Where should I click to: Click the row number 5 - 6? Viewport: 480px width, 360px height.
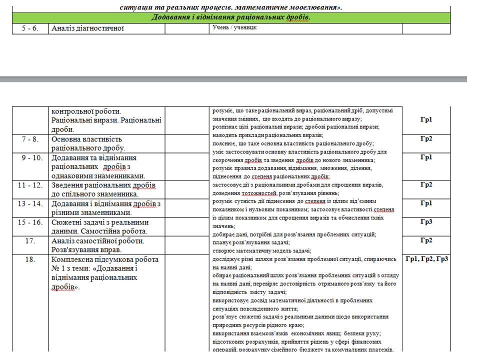(x=30, y=28)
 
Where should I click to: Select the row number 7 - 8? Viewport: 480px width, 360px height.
(x=30, y=139)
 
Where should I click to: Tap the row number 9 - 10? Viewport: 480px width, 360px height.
(x=30, y=157)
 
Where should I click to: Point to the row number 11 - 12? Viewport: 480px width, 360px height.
(x=30, y=185)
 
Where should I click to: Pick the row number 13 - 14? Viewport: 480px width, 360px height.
(x=30, y=203)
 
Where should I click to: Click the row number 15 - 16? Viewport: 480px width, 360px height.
(x=30, y=222)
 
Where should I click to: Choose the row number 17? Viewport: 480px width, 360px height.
(x=30, y=240)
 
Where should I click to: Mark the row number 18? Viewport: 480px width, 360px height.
(x=30, y=259)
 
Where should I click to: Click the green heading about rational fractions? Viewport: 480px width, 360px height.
(x=231, y=17)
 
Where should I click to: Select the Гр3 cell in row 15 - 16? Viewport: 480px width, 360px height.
(x=426, y=221)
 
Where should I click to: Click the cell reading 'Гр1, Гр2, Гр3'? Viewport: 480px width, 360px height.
(x=426, y=258)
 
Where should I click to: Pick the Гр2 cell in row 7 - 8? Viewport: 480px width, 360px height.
(x=426, y=138)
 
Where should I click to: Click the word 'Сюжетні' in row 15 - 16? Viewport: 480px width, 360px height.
(x=67, y=222)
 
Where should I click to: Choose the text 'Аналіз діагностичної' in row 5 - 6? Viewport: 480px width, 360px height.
(x=87, y=28)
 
